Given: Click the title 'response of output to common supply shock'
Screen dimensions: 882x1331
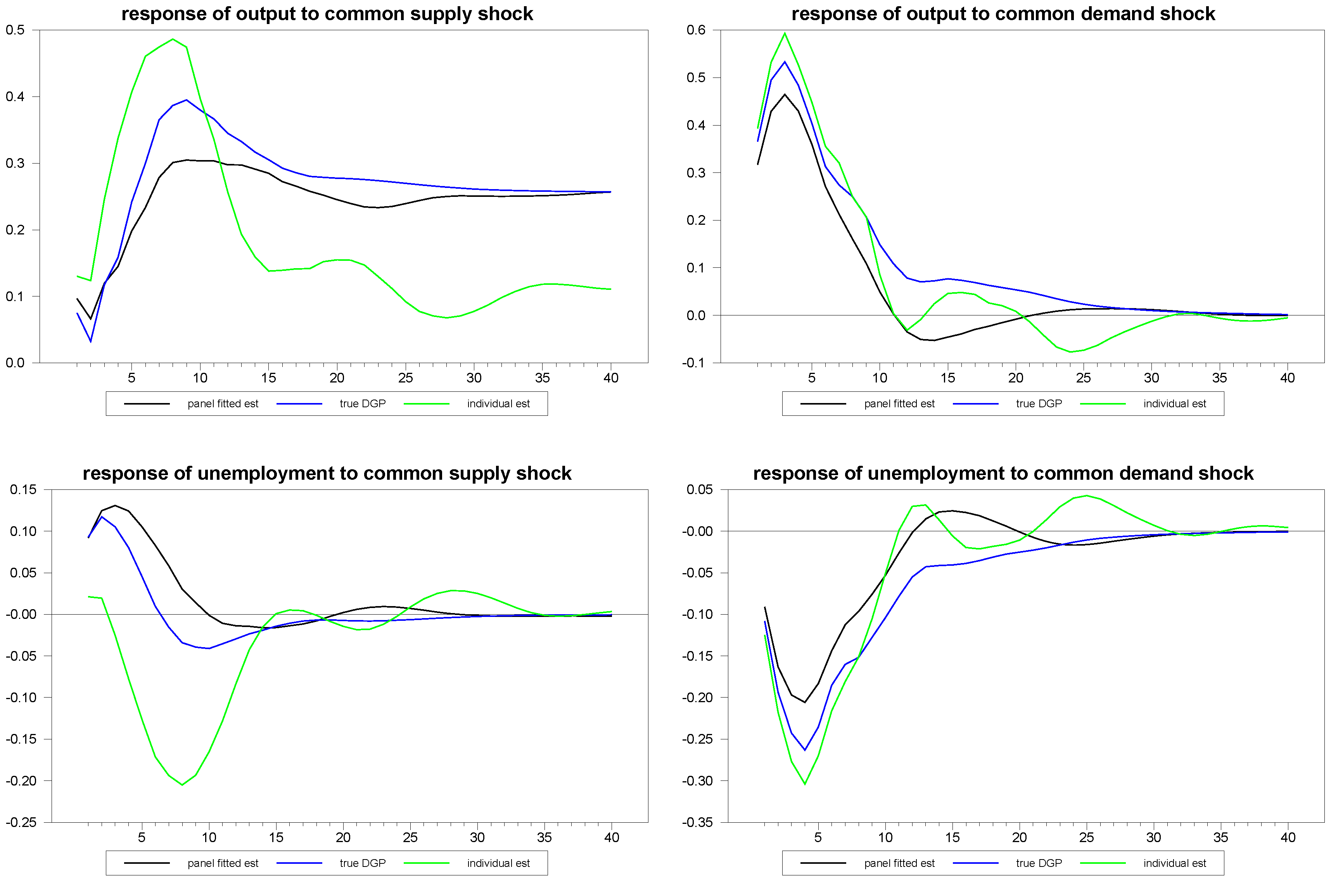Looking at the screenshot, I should click(x=327, y=14).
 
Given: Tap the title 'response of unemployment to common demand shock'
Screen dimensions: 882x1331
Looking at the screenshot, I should click(x=1003, y=473).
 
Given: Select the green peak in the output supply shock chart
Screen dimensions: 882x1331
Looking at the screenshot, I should click(x=173, y=40).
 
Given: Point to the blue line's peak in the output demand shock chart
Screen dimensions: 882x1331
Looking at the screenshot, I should click(x=785, y=62).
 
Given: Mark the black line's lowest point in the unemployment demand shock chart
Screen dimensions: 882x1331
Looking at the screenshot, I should click(x=805, y=702).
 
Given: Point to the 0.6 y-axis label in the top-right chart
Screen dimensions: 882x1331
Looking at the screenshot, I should click(x=696, y=30).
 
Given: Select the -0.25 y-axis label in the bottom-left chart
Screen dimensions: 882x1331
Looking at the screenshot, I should click(x=21, y=822).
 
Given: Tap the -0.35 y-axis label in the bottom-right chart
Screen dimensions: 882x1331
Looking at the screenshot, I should click(x=697, y=822).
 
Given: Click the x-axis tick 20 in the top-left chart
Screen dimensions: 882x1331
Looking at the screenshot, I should click(x=337, y=378).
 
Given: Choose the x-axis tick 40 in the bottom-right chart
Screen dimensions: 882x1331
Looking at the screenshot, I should click(x=1288, y=837).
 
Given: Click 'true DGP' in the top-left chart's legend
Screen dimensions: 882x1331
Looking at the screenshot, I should click(x=363, y=404).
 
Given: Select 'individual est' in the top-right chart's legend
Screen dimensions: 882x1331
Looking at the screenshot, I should click(x=1175, y=404).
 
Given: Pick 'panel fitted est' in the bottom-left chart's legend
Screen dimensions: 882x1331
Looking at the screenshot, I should click(x=223, y=863).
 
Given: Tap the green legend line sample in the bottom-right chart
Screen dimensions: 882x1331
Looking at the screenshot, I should click(x=1103, y=863).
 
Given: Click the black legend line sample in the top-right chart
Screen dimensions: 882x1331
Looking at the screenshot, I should click(x=823, y=404).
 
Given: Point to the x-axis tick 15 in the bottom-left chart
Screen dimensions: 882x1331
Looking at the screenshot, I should click(x=276, y=837).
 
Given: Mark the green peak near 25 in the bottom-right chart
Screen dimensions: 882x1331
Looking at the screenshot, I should click(x=1086, y=496).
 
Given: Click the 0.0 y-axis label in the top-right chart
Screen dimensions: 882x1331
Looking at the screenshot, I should click(x=696, y=315).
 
